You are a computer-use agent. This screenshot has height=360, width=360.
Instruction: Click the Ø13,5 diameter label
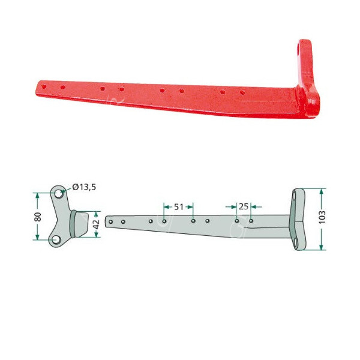pyautogui.click(x=83, y=187)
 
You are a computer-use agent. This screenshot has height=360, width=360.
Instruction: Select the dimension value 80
pyautogui.click(x=38, y=216)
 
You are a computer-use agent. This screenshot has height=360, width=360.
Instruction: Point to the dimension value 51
pyautogui.click(x=178, y=206)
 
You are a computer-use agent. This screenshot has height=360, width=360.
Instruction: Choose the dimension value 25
pyautogui.click(x=244, y=206)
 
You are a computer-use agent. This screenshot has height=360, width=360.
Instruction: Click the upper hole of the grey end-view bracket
pyautogui.click(x=58, y=194)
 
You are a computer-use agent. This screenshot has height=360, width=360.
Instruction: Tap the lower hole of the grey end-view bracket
pyautogui.click(x=56, y=240)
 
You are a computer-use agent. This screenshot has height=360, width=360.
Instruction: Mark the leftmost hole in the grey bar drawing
pyautogui.click(x=110, y=221)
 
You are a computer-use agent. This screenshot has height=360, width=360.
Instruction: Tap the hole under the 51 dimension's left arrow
pyautogui.click(x=164, y=221)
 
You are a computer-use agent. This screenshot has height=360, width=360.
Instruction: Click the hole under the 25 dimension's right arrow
pyautogui.click(x=251, y=221)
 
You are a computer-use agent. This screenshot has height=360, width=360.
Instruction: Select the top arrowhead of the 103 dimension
pyautogui.click(x=323, y=191)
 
